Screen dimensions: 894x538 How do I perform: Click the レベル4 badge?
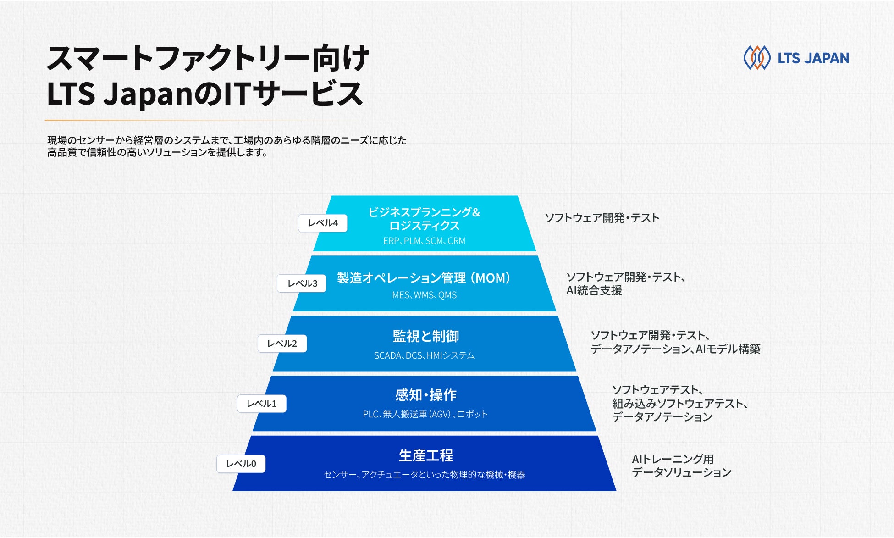point(323,223)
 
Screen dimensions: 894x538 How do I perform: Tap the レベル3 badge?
point(302,283)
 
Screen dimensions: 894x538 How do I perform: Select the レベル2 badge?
point(282,344)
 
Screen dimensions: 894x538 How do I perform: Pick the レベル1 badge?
point(262,404)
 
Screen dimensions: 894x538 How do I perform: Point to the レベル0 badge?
point(241,464)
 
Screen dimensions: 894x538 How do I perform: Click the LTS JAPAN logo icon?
point(757,58)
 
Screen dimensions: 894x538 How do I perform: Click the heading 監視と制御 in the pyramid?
point(426,336)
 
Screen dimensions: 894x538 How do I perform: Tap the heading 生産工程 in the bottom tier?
point(426,455)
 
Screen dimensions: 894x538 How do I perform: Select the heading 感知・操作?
point(426,395)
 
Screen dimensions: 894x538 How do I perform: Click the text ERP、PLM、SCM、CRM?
point(425,241)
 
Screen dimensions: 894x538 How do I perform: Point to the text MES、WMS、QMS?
point(425,295)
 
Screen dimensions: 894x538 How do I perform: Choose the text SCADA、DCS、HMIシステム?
point(425,355)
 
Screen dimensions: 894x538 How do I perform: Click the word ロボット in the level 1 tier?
point(472,414)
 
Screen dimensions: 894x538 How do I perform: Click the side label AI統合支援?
point(594,290)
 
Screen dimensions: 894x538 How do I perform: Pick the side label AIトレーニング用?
point(673,459)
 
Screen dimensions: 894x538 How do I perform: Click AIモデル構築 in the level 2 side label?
point(728,349)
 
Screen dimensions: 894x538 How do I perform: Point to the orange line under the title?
point(177,120)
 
